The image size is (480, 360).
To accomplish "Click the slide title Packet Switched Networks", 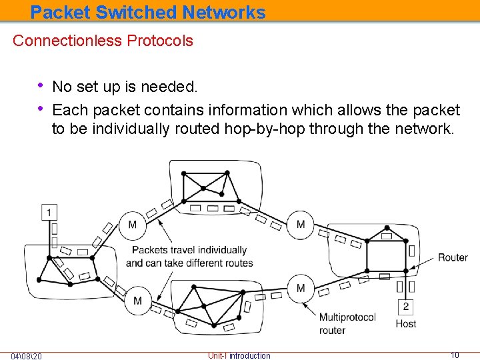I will coord(148,12).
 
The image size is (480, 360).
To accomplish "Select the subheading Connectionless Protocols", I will coord(103,41).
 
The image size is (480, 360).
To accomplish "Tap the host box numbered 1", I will coord(49,213).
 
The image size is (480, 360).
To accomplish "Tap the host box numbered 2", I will coord(405,307).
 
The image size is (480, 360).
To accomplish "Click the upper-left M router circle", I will coord(132,225).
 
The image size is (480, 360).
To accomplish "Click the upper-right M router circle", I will coord(301,225).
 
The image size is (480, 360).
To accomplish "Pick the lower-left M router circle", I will coord(137,301).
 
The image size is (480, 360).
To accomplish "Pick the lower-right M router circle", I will coord(301,288).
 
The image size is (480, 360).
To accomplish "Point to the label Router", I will coord(453,257).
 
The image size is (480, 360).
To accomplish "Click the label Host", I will coord(405,324).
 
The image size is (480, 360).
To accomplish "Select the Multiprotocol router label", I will coord(347,324).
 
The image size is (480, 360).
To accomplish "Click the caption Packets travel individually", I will coord(189,250).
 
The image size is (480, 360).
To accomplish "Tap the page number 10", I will coord(455,355).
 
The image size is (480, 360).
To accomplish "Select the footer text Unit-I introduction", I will coord(239,356).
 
